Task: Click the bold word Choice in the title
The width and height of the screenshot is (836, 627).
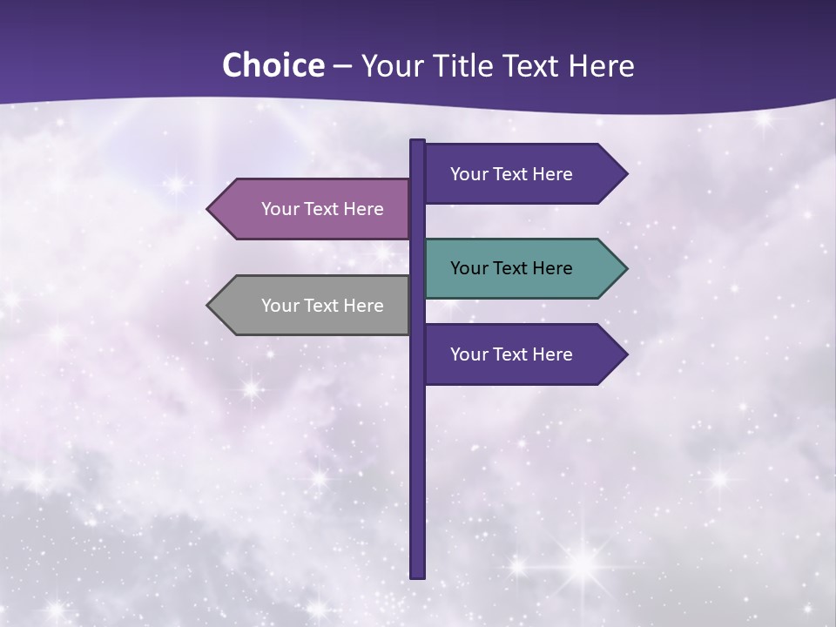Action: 273,66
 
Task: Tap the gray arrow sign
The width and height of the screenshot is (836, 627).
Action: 313,306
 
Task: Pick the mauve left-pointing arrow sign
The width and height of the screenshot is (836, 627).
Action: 313,209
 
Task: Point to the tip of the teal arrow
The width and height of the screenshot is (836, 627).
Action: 625,268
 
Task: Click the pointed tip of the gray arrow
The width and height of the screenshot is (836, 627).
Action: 209,306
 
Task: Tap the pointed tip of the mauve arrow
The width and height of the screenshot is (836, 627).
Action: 209,209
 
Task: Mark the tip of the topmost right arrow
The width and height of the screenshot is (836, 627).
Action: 625,174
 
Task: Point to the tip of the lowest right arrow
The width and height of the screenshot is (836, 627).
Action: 625,354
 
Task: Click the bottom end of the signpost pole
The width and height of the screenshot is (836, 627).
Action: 418,575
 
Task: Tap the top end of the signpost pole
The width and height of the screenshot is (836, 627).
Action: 418,142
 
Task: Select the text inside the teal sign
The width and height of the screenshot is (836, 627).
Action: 511,268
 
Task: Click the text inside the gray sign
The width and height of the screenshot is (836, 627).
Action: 322,306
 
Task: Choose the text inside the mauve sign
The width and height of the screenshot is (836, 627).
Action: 322,209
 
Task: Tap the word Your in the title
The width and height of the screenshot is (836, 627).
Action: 389,66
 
